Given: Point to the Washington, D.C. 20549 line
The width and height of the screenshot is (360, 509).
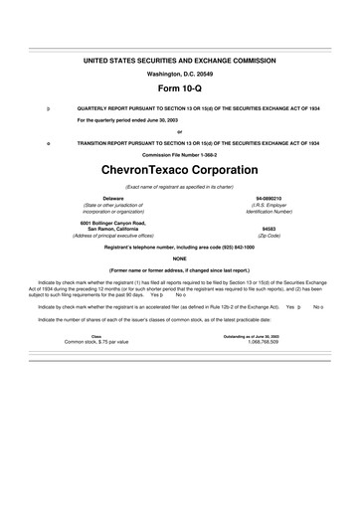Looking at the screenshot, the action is (x=179, y=74).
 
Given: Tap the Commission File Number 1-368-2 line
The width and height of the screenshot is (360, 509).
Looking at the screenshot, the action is (x=179, y=154).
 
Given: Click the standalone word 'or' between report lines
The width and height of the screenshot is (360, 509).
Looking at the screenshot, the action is (x=179, y=130).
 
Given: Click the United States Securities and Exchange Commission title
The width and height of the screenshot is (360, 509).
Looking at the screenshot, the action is (x=179, y=62).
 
